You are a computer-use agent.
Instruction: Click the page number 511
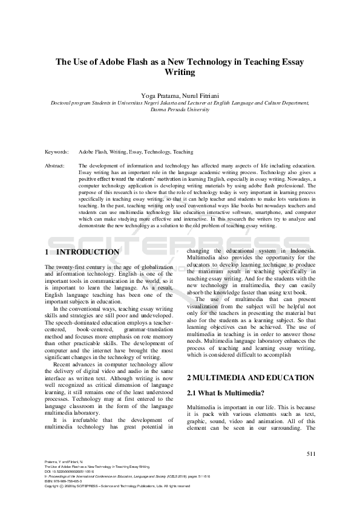(311, 454)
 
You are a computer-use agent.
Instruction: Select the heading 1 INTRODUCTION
(82, 251)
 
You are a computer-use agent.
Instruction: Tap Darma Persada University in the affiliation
(180, 111)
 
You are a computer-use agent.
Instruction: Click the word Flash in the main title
(140, 62)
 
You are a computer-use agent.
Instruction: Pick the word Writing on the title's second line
(180, 72)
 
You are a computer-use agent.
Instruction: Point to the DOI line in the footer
(70, 472)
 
